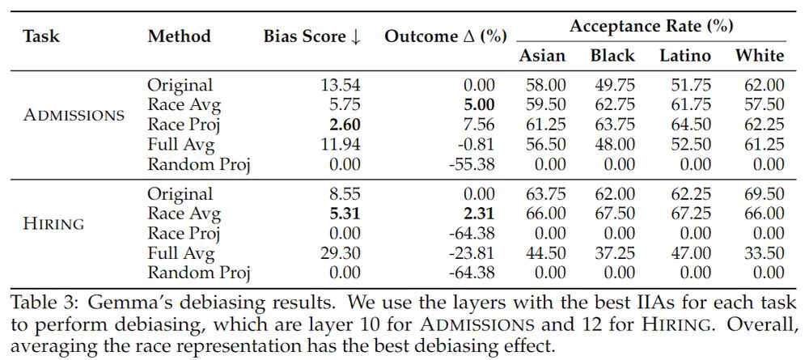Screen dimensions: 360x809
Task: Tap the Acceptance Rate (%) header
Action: click(651, 26)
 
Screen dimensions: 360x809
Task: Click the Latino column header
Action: click(685, 56)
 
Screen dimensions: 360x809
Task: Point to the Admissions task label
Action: click(74, 115)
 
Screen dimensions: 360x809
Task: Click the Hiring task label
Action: click(53, 224)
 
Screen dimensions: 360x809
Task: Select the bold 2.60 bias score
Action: click(343, 125)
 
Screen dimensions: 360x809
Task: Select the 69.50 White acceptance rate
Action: click(760, 194)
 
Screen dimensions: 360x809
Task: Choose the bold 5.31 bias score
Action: click(343, 214)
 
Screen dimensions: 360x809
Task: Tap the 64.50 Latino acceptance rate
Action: click(685, 125)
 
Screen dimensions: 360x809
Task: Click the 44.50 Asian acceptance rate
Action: click(542, 253)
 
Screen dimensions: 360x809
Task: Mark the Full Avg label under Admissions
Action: click(180, 145)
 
